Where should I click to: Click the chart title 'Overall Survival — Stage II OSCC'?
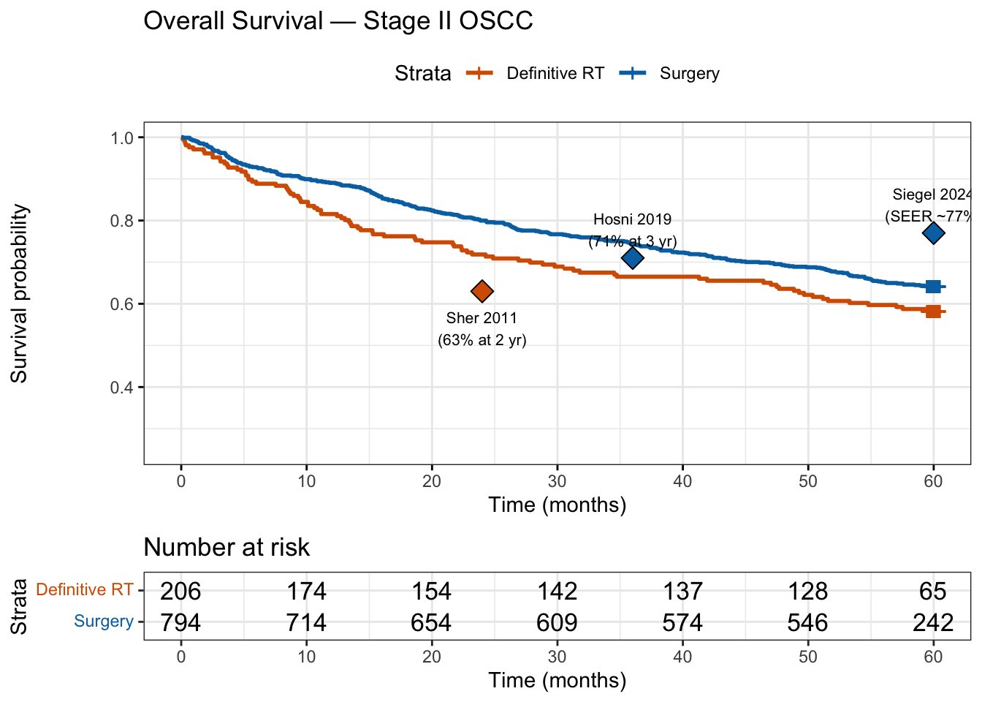(338, 20)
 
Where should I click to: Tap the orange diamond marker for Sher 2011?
(482, 291)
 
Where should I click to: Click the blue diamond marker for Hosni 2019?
(633, 257)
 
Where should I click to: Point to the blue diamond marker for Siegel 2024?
(933, 233)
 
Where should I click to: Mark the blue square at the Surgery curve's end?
(933, 287)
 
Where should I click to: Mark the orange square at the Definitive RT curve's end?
(933, 312)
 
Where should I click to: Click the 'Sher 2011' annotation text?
(482, 318)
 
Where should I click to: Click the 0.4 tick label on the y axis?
(121, 388)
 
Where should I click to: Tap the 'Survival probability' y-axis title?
(20, 293)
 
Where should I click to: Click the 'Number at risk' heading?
(227, 547)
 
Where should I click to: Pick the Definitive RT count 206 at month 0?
(180, 591)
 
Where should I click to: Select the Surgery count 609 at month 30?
(557, 622)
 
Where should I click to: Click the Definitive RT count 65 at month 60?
(933, 591)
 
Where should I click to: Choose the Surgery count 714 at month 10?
(306, 622)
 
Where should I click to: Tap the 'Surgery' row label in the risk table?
(104, 622)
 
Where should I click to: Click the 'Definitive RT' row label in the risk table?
(85, 589)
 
